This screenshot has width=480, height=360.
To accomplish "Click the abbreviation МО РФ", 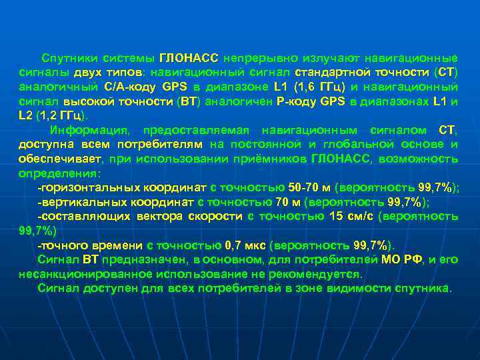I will pyautogui.click(x=400, y=259).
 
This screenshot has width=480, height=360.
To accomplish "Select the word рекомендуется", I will pyautogui.click(x=323, y=274).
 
